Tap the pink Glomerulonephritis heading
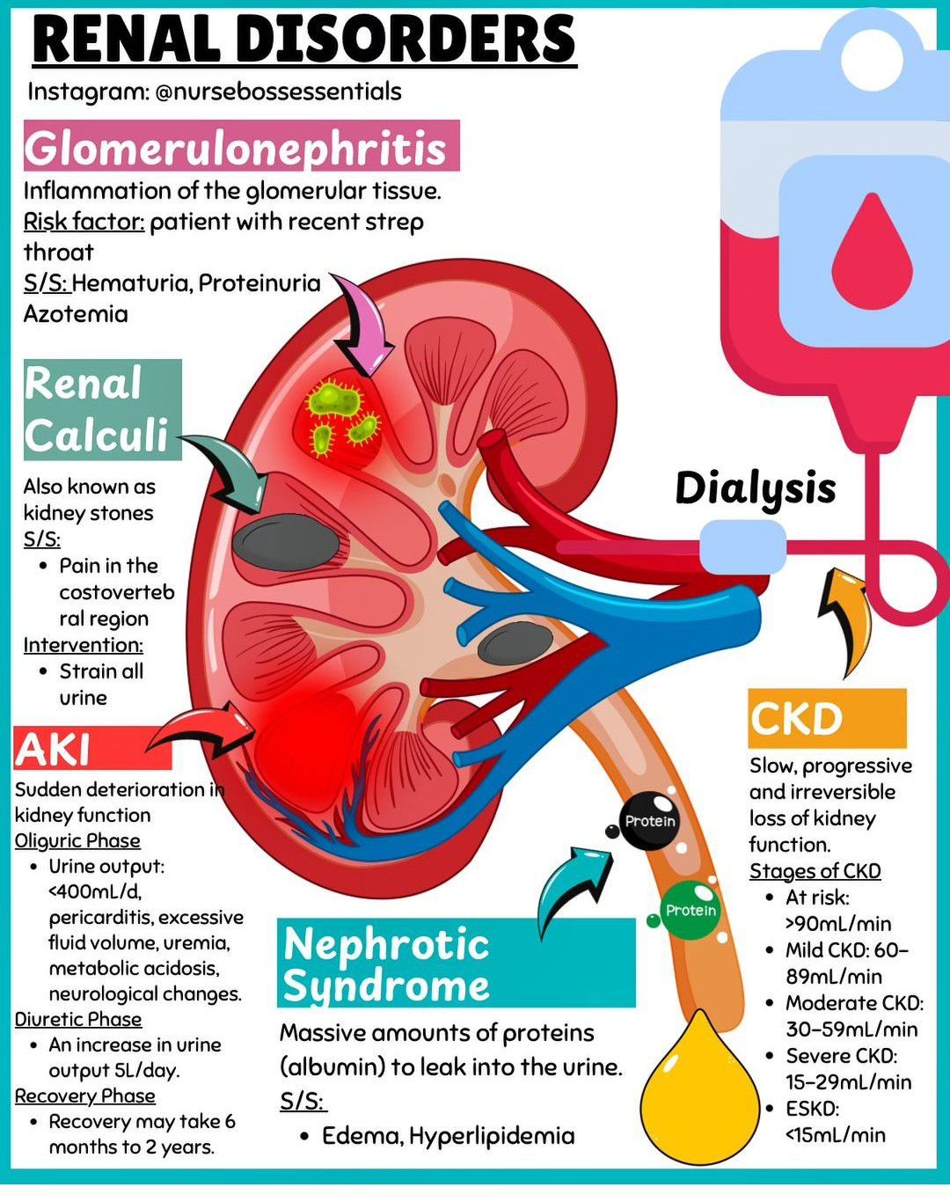[241, 145]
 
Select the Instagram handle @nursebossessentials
[278, 92]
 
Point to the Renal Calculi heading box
[103, 409]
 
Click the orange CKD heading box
[828, 718]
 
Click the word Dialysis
[756, 488]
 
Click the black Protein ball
[649, 820]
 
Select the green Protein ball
[691, 911]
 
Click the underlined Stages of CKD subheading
[815, 871]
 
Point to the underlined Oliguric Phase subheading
[77, 841]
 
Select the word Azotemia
[76, 314]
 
